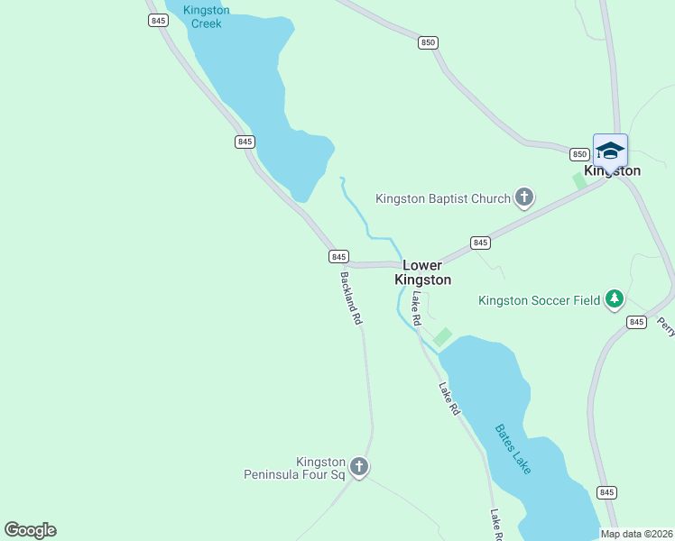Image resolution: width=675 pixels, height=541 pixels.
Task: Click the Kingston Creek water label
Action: (x=206, y=16)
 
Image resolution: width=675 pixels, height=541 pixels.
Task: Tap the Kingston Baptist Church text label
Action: (x=443, y=198)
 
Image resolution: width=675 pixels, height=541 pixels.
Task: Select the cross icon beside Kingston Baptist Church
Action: (x=524, y=197)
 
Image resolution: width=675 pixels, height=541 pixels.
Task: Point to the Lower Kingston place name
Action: (x=422, y=272)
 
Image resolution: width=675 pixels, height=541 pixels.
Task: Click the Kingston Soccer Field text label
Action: (x=539, y=300)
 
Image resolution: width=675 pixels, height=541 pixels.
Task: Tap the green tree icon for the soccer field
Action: (x=615, y=298)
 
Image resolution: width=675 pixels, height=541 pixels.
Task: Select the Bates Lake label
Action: (x=513, y=450)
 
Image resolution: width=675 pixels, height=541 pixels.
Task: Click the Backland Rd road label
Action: (x=351, y=298)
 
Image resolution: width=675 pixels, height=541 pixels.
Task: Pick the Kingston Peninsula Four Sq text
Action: (x=295, y=467)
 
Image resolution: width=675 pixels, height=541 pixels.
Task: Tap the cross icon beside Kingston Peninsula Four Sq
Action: (x=359, y=467)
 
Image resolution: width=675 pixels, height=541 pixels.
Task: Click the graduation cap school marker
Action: (x=610, y=151)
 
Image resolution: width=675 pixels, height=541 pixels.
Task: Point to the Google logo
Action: (x=30, y=529)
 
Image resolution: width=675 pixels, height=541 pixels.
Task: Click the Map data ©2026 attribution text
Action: (x=636, y=534)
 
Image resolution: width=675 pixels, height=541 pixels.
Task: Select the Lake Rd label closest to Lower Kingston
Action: (x=416, y=307)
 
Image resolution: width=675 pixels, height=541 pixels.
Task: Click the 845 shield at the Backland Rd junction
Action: (x=338, y=257)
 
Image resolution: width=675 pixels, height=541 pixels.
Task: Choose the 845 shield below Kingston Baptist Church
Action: (x=480, y=243)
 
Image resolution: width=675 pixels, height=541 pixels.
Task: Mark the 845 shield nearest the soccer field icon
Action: (x=636, y=322)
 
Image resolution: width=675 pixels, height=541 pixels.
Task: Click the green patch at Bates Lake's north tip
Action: (x=442, y=336)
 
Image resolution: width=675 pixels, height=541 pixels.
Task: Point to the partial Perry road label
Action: (x=666, y=326)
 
